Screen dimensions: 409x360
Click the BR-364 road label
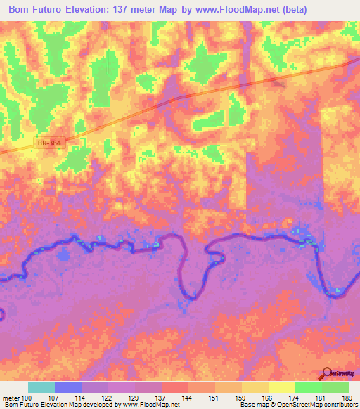coord(45,143)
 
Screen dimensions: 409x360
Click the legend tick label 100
coord(27,398)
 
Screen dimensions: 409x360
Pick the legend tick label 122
coord(108,398)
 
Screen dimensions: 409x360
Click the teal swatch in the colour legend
coord(41,387)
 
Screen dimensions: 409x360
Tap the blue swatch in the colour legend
coord(68,387)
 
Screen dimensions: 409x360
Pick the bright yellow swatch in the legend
coord(281,387)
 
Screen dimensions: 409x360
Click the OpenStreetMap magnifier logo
coord(328,373)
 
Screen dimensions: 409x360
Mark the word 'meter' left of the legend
coord(11,398)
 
